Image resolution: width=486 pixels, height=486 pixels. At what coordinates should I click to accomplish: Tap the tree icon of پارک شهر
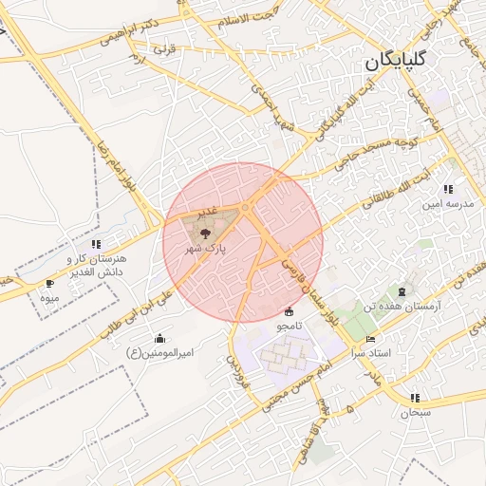[204, 231]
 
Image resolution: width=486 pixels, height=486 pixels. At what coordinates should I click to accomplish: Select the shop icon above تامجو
[290, 311]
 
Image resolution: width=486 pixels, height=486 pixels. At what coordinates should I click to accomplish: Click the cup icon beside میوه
[50, 283]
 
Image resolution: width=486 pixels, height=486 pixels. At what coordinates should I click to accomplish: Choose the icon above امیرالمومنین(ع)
[159, 338]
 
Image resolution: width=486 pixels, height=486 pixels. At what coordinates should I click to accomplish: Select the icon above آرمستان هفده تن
[402, 290]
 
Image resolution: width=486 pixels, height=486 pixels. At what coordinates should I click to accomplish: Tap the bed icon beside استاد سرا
[370, 339]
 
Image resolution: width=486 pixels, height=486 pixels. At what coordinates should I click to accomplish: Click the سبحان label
[415, 412]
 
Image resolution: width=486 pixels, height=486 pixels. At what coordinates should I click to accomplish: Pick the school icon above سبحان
[415, 398]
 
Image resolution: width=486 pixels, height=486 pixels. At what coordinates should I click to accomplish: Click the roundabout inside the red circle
[245, 208]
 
